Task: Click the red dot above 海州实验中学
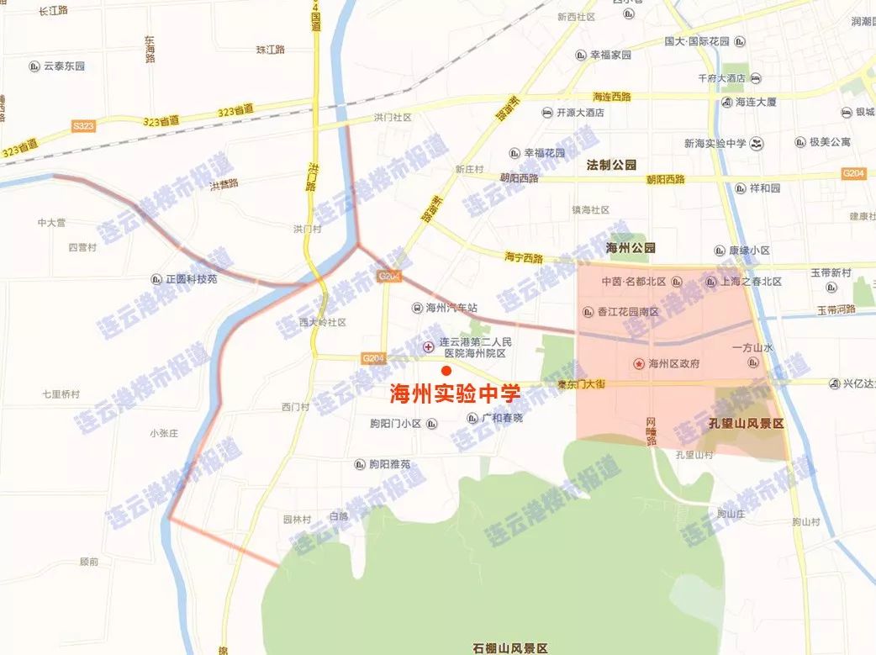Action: click(446, 371)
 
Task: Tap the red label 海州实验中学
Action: click(454, 394)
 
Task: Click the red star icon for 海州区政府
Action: click(639, 363)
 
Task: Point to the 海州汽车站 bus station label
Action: click(451, 308)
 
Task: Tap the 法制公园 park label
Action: click(612, 166)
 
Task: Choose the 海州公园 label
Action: click(630, 248)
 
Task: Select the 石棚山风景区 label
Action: click(509, 647)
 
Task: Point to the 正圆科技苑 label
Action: click(191, 278)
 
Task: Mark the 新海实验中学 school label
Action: click(715, 143)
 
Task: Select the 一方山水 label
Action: click(752, 346)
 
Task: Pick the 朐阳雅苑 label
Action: click(389, 463)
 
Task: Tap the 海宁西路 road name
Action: click(524, 257)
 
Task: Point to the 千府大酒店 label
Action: click(721, 78)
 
